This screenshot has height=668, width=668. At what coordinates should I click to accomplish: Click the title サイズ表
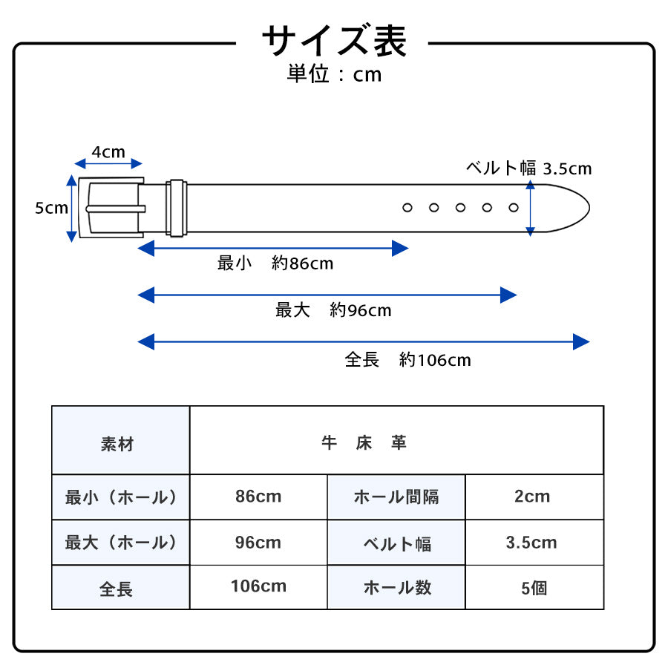click(333, 41)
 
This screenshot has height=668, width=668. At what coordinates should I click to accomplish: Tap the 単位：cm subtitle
click(334, 74)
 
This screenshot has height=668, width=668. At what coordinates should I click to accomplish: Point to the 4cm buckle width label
click(108, 152)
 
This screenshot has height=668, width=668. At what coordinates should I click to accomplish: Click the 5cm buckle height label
click(51, 209)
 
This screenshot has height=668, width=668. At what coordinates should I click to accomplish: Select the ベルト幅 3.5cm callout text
click(528, 168)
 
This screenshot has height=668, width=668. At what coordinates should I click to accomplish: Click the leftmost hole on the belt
click(407, 208)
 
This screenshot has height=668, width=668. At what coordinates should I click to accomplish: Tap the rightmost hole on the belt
click(514, 208)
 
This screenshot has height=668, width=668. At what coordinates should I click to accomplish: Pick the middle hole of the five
click(460, 208)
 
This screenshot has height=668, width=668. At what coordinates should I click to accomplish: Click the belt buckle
click(111, 209)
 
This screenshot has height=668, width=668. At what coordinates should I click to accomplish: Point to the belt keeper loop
click(176, 209)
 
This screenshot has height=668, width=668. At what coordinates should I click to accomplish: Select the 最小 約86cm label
click(275, 263)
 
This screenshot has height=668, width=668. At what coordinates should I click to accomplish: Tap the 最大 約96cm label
click(333, 310)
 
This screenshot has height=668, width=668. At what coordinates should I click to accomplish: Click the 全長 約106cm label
click(407, 360)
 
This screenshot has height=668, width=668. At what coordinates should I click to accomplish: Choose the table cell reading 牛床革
click(364, 443)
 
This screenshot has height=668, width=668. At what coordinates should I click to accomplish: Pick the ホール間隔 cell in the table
click(396, 497)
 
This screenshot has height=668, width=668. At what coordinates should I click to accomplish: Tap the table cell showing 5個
click(534, 588)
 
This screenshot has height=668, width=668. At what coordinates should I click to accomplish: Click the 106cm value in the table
click(258, 586)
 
